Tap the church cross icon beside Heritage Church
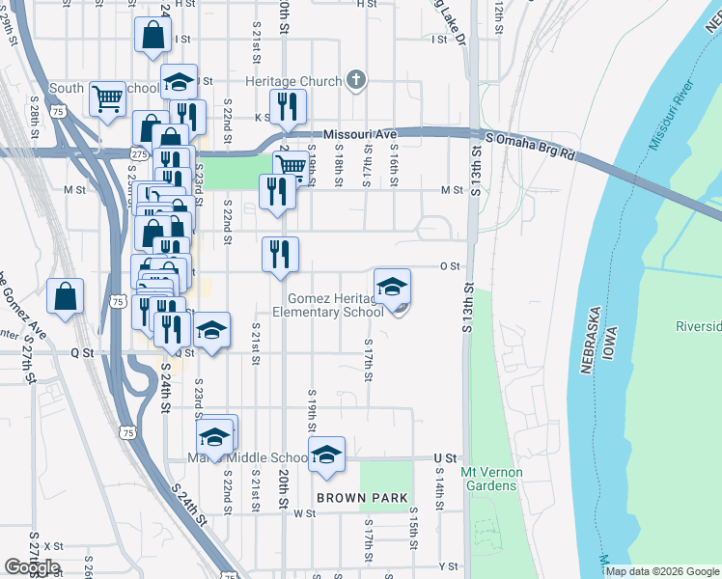click(x=356, y=80)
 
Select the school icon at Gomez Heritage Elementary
click(x=392, y=287)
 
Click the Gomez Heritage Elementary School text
click(x=328, y=305)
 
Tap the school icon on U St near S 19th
click(x=327, y=454)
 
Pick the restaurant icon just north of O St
click(x=281, y=254)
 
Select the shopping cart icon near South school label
click(x=107, y=97)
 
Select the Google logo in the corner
click(x=31, y=567)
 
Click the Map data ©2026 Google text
click(x=661, y=571)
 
